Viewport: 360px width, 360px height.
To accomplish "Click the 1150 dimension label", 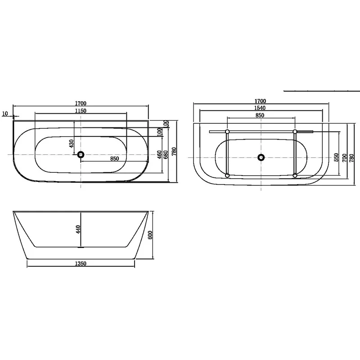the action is [81, 111].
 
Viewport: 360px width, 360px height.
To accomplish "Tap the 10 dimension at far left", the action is [5, 113].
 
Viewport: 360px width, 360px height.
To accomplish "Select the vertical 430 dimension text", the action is [72, 144].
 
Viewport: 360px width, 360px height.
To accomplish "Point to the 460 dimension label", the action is [159, 155].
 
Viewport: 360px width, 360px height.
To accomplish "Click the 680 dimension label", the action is [166, 154].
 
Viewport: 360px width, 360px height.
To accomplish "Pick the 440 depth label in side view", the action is [78, 229].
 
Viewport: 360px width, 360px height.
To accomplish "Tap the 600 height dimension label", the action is [150, 235].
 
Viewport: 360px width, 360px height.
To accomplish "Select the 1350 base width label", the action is [81, 264].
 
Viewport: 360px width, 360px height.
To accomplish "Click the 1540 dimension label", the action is [260, 108].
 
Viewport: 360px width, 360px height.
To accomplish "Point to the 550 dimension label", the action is [336, 157].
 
